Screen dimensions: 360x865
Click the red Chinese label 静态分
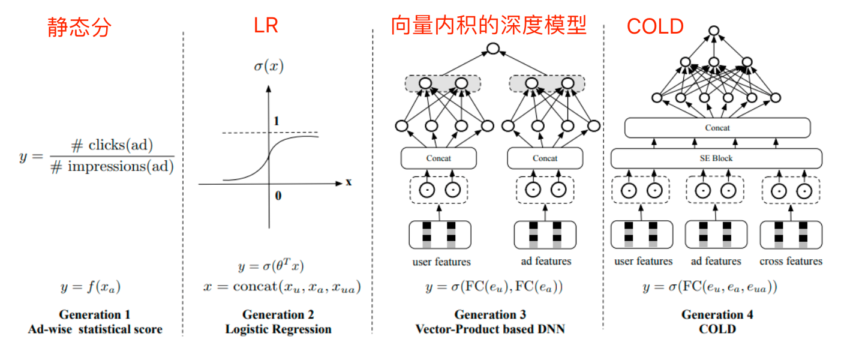pyautogui.click(x=80, y=27)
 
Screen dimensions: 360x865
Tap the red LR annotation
pyautogui.click(x=265, y=26)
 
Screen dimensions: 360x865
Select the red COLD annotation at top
pyautogui.click(x=655, y=26)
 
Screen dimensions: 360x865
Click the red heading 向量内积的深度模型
pyautogui.click(x=488, y=26)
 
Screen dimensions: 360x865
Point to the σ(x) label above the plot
pyautogui.click(x=268, y=67)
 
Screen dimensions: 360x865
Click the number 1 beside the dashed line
pyautogui.click(x=277, y=122)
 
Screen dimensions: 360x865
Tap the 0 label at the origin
pyautogui.click(x=278, y=196)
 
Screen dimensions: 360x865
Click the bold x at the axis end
pyautogui.click(x=349, y=182)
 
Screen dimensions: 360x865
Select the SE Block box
pyautogui.click(x=717, y=158)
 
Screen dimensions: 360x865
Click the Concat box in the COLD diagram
pyautogui.click(x=717, y=128)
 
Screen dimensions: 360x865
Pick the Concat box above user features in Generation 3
pyautogui.click(x=438, y=158)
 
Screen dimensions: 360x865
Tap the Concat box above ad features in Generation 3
pyautogui.click(x=545, y=158)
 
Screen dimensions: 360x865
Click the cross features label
pyautogui.click(x=791, y=261)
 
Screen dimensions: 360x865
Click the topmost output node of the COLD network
pyautogui.click(x=713, y=30)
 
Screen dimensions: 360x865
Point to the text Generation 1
pyautogui.click(x=95, y=314)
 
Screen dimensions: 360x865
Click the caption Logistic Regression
pyautogui.click(x=278, y=329)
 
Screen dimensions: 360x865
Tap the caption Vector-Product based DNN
pyautogui.click(x=490, y=329)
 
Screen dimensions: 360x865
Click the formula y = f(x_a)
pyautogui.click(x=91, y=287)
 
